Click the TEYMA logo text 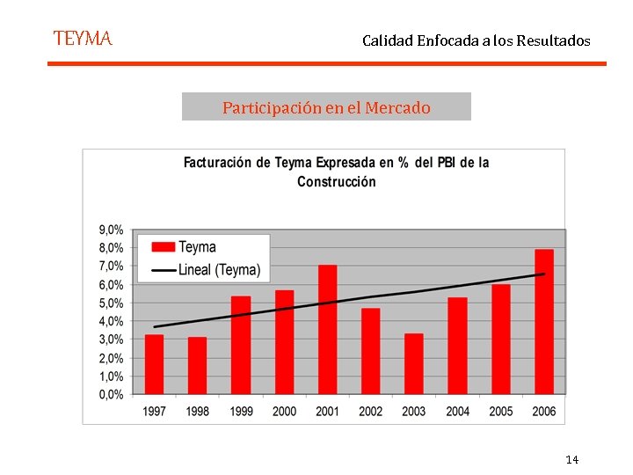83,39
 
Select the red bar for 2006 544,322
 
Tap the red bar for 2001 327,330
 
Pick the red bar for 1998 197,365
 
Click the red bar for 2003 414,363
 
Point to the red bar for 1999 241,345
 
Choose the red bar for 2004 457,346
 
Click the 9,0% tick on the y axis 111,229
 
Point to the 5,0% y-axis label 111,303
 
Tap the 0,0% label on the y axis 111,395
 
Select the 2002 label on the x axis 371,411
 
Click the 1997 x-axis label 154,411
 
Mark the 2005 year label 501,411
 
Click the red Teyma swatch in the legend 163,247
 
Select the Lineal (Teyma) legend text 219,270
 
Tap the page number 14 571,460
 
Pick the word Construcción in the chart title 337,182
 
